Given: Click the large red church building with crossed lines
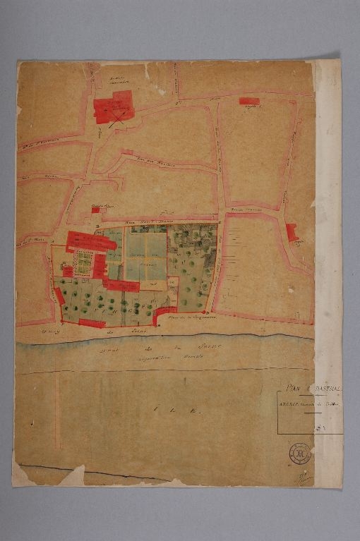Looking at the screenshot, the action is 113,108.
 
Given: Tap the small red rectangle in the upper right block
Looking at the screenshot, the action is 248,102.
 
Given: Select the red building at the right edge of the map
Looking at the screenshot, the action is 292,232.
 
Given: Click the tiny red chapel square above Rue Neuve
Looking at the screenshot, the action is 95,209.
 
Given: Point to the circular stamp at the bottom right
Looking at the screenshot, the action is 299,454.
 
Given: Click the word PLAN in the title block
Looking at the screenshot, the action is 286,387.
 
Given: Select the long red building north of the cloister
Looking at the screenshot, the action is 92,240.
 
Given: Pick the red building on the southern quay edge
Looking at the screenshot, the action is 92,323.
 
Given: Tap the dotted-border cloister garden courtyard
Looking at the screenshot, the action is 84,262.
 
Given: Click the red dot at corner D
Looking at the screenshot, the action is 205,311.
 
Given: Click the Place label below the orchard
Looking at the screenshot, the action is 185,319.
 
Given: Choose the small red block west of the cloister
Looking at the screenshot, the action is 67,270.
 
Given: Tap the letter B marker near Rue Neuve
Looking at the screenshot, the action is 220,223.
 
